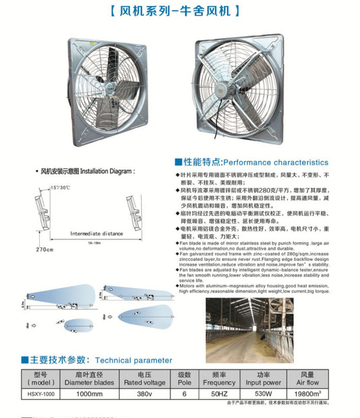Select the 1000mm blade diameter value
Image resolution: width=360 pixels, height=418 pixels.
tap(89, 393)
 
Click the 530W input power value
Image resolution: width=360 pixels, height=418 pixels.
tap(263, 393)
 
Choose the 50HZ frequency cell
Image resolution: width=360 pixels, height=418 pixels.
tap(219, 393)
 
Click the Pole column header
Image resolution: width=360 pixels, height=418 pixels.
tap(184, 379)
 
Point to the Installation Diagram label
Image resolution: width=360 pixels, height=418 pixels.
tap(88, 171)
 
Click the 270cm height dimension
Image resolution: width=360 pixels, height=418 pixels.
tap(45, 249)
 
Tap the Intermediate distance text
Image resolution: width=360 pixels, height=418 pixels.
tap(97, 233)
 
